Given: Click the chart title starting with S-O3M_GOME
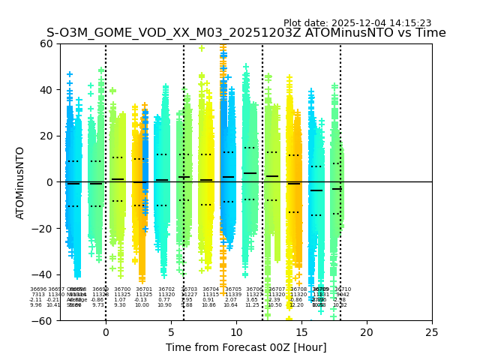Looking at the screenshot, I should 246,33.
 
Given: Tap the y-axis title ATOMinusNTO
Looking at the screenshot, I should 20,182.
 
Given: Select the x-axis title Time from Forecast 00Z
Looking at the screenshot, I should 246,347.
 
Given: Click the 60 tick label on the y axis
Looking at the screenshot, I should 46,43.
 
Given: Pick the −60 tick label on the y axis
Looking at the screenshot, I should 43,320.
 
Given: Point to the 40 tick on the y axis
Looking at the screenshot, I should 46,90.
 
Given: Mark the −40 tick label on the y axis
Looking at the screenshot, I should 43,274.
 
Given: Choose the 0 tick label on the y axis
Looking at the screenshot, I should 49,182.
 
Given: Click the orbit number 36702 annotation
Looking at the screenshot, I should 166,289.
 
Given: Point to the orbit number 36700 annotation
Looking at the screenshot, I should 122,289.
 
